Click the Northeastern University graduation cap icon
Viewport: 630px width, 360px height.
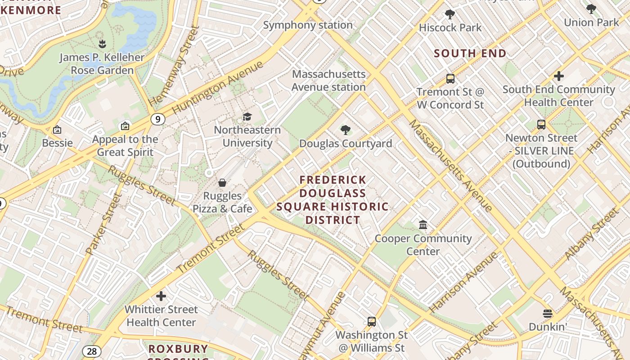247,117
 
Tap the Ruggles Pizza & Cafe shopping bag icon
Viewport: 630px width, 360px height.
222,183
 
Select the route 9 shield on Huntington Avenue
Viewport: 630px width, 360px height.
157,119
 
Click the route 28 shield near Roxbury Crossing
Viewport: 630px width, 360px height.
91,351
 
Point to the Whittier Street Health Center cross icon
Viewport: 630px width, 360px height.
161,296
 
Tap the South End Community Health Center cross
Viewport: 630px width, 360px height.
558,76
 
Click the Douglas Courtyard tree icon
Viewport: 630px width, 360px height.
346,130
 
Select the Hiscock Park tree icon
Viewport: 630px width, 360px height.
450,14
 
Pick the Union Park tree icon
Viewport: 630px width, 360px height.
591,9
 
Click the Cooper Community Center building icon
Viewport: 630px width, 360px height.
423,225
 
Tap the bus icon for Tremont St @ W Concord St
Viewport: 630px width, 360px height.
450,79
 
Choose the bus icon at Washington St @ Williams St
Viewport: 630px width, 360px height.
371,322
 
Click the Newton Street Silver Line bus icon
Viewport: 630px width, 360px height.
541,125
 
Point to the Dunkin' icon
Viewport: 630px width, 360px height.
547,314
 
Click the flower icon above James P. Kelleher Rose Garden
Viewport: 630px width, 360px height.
102,44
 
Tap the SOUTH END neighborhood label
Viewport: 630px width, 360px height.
470,54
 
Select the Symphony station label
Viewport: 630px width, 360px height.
308,25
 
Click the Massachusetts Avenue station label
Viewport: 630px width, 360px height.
328,81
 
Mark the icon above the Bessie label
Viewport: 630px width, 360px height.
57,130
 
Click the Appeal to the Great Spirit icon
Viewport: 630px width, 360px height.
125,126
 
